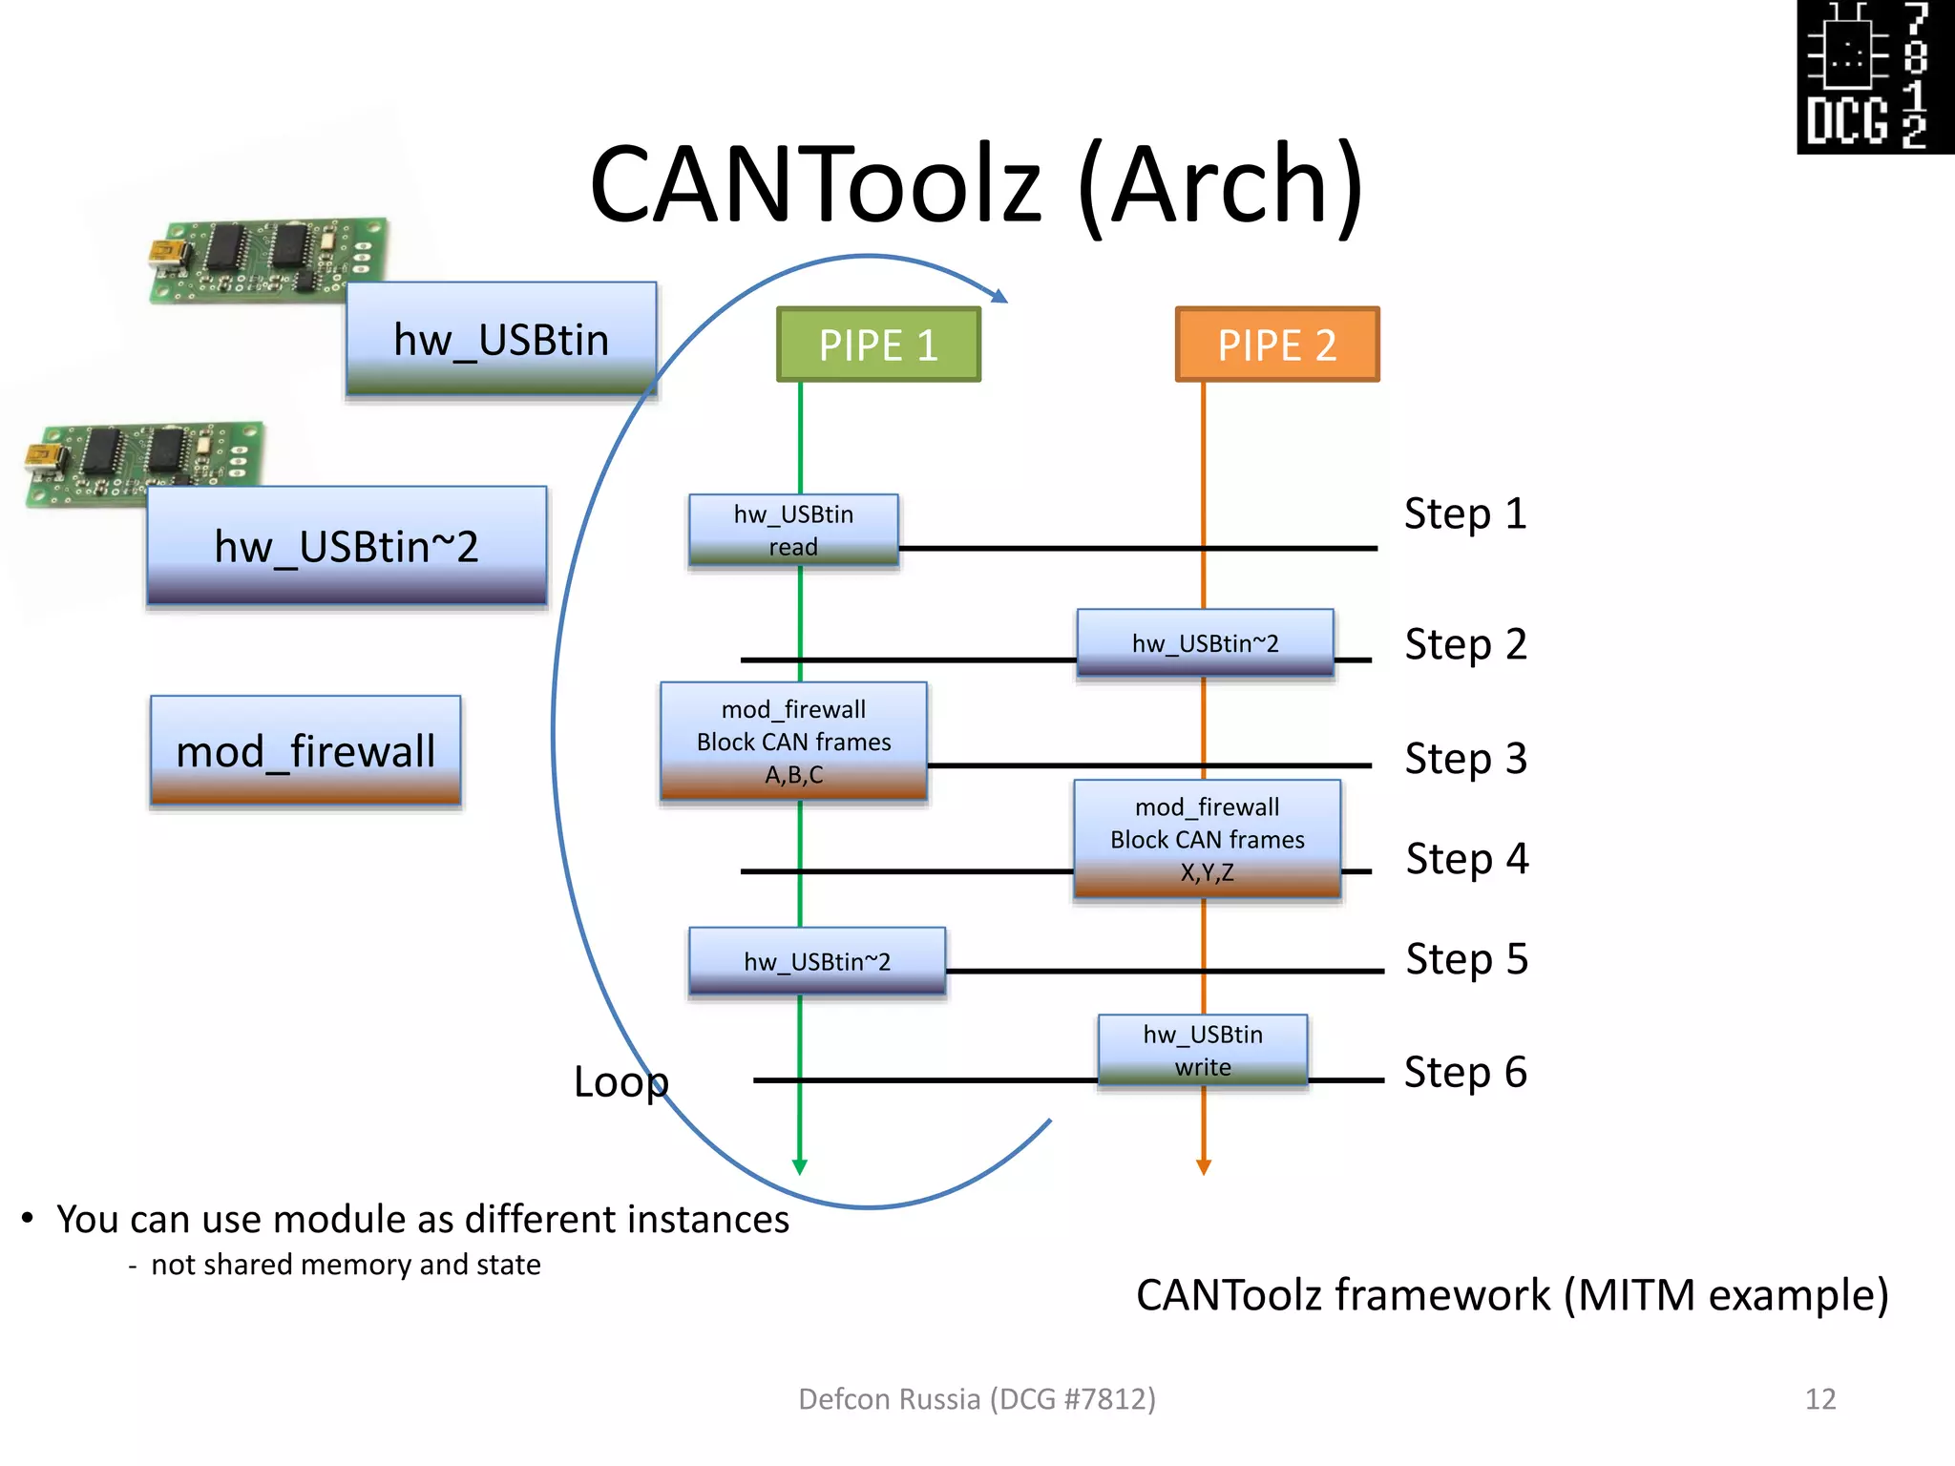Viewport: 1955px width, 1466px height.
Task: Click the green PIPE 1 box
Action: (x=878, y=345)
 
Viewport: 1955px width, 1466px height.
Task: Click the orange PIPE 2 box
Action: (x=1276, y=345)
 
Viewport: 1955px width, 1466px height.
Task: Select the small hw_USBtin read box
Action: (x=793, y=531)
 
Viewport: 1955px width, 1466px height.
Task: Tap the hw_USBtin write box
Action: (x=1203, y=1050)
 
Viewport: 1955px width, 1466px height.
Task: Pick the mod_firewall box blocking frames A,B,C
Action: (x=793, y=742)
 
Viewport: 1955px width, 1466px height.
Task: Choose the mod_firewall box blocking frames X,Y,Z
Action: (x=1207, y=839)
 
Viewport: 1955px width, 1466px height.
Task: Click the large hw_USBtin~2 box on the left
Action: (x=347, y=546)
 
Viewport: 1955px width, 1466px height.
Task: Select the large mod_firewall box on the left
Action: (x=305, y=751)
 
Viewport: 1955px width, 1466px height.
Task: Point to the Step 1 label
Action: (x=1464, y=513)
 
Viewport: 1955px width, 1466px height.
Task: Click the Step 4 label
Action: (x=1466, y=858)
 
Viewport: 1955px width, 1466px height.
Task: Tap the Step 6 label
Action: (x=1464, y=1072)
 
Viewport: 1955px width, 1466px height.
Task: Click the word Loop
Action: (x=620, y=1081)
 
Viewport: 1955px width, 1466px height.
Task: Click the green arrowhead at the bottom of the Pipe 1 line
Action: (x=800, y=1166)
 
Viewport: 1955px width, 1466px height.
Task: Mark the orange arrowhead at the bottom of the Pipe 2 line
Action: (x=1204, y=1166)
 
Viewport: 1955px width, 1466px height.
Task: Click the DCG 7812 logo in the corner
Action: (x=1875, y=76)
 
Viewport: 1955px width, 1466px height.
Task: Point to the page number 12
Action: (x=1819, y=1399)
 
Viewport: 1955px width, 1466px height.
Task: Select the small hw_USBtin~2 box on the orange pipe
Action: (x=1205, y=643)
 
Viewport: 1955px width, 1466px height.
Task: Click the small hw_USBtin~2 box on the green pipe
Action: (x=817, y=961)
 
